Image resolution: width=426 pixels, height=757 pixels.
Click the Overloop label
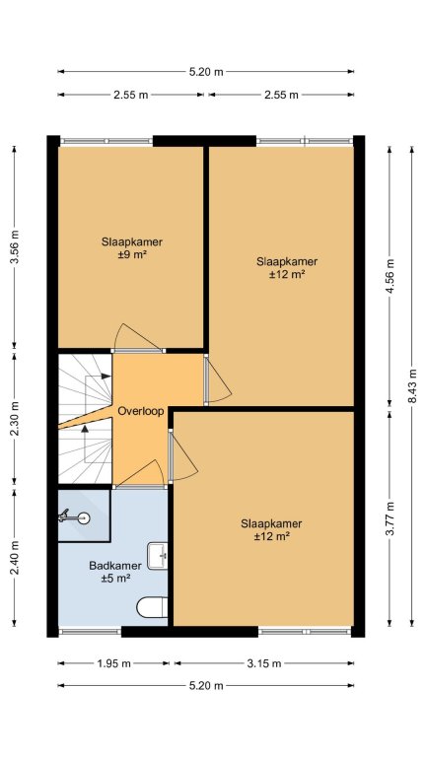click(141, 411)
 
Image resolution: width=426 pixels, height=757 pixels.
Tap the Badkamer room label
click(115, 566)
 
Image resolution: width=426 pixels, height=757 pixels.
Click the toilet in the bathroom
click(152, 607)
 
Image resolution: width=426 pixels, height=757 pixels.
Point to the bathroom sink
click(158, 556)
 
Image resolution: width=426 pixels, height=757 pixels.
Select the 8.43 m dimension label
click(412, 386)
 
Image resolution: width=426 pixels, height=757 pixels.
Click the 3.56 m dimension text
click(15, 246)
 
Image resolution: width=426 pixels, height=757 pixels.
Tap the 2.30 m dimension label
click(15, 419)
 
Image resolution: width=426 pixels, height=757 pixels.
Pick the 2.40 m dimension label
click(15, 558)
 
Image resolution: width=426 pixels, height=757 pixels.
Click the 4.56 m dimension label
click(390, 276)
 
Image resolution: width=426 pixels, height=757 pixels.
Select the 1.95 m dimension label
click(113, 663)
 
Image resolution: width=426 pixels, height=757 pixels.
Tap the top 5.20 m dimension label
click(206, 72)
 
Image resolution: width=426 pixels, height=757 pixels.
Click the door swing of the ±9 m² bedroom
click(137, 336)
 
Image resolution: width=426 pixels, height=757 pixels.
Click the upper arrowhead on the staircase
click(106, 377)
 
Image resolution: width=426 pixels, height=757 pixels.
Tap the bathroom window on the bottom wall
click(90, 631)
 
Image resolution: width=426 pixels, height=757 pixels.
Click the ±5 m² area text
click(116, 578)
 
